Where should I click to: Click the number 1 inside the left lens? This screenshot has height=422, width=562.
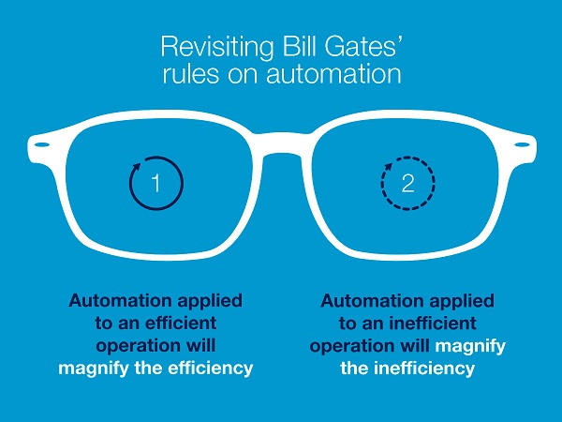coord(155,184)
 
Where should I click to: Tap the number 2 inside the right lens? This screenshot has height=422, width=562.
coord(407,184)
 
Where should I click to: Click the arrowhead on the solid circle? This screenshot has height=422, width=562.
coord(137,165)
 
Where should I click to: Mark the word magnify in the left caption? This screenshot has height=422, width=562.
coord(93,369)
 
